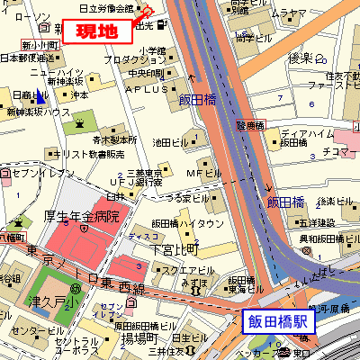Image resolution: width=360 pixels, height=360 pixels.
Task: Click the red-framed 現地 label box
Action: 96,31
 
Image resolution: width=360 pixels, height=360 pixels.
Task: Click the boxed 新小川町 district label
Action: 40,43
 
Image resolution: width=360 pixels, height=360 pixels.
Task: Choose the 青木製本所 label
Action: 113,139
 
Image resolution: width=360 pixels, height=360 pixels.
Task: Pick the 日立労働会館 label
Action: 106,7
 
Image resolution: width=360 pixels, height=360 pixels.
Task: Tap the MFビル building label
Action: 201,171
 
